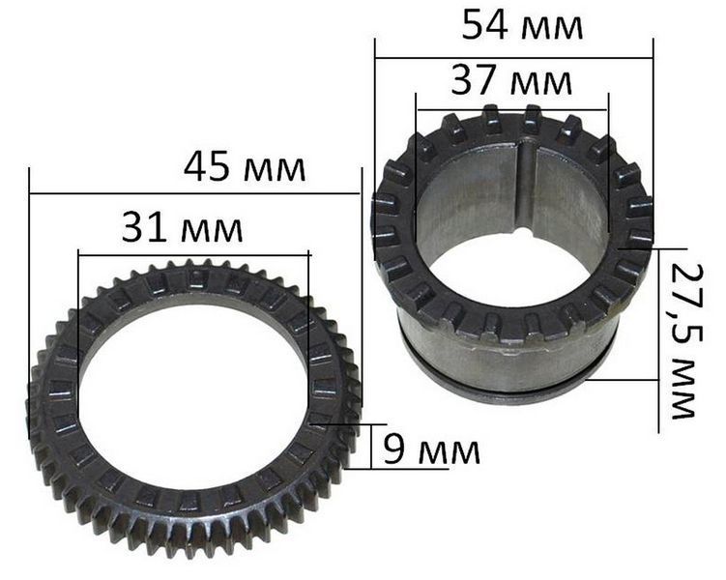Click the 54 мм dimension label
tap(522, 26)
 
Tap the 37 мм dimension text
tap(511, 80)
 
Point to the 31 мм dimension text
tap(182, 228)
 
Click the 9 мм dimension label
tap(431, 450)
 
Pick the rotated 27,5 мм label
tap(687, 341)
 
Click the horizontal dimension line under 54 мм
tap(513, 58)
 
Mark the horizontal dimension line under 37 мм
tap(512, 110)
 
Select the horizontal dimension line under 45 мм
tap(194, 192)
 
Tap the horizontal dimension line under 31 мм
tap(194, 253)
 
